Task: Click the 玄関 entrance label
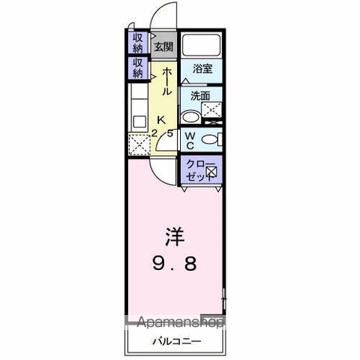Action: [x=163, y=46]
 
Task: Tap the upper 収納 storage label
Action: [x=137, y=43]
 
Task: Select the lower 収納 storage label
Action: [x=137, y=67]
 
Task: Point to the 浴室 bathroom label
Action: [x=202, y=69]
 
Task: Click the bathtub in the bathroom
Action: [x=201, y=45]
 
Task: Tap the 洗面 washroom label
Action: [x=200, y=96]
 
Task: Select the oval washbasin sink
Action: [x=190, y=117]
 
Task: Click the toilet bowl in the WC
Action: [x=209, y=139]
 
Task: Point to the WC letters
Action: [x=190, y=141]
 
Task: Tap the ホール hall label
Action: [x=167, y=82]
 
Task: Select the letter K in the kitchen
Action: [x=161, y=120]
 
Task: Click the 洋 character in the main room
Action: [x=175, y=237]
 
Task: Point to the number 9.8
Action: [x=175, y=264]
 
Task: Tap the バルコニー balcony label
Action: [x=176, y=341]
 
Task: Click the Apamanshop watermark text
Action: [x=181, y=322]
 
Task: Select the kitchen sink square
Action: [x=139, y=122]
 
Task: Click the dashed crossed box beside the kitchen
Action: [x=139, y=144]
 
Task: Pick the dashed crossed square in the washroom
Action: [x=211, y=109]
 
